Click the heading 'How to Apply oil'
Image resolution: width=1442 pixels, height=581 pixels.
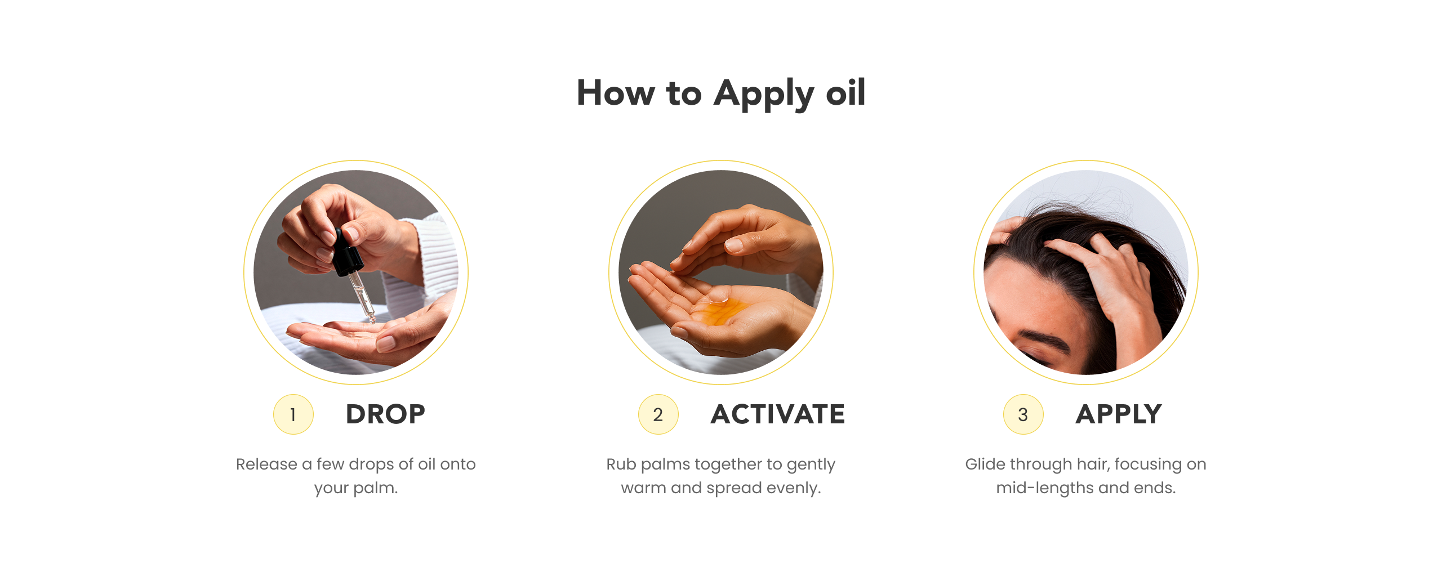pyautogui.click(x=721, y=93)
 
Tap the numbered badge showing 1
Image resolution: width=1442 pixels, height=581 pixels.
pyautogui.click(x=293, y=414)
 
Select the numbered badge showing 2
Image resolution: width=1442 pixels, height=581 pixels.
pyautogui.click(x=658, y=414)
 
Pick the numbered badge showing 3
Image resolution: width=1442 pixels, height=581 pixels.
pyautogui.click(x=1023, y=414)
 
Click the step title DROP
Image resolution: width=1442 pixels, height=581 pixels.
pyautogui.click(x=385, y=414)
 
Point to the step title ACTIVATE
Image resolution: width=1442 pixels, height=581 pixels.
pyautogui.click(x=778, y=414)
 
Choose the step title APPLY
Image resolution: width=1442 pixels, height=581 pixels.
pyautogui.click(x=1119, y=414)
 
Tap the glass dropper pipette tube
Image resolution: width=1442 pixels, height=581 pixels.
pyautogui.click(x=362, y=297)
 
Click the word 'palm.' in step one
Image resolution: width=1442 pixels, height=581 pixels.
pyautogui.click(x=376, y=488)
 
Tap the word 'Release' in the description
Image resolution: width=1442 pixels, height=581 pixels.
pyautogui.click(x=266, y=464)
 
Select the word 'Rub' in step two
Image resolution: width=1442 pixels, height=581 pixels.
pyautogui.click(x=620, y=464)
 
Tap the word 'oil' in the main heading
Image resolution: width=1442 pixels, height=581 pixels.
pyautogui.click(x=845, y=93)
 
